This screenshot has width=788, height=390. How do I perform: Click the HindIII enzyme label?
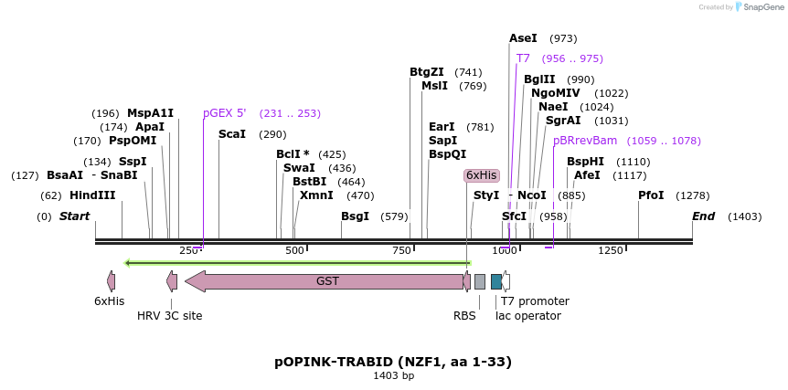92,195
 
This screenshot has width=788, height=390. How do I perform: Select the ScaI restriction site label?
232,134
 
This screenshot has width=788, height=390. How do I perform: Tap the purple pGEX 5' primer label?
225,113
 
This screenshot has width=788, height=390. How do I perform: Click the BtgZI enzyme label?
427,72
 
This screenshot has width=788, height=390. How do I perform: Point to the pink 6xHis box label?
481,175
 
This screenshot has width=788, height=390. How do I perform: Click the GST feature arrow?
327,281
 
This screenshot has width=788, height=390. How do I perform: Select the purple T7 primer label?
523,58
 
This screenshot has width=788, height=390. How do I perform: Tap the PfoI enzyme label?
651,195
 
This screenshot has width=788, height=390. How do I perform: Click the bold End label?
703,216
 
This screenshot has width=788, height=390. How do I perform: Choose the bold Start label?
75,216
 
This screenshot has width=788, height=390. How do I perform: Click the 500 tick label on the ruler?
294,250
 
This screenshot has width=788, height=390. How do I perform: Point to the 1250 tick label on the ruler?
610,250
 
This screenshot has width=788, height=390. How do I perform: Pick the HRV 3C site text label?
170,316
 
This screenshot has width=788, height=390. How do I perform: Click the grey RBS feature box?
479,281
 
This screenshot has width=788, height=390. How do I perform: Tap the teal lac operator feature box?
495,281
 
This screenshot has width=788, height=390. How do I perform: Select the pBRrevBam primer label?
585,141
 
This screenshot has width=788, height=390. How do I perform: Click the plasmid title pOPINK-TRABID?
393,361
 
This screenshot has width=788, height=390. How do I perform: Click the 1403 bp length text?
393,375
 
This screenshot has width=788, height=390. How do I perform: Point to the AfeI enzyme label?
587,175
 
